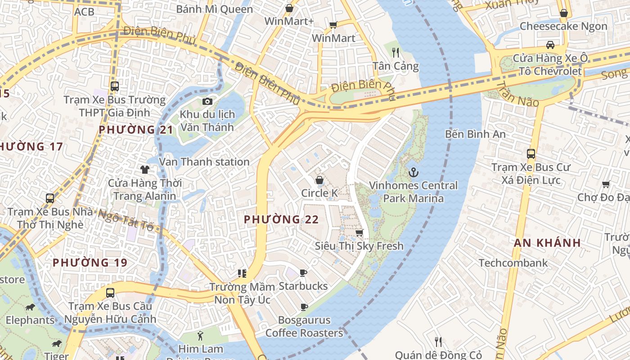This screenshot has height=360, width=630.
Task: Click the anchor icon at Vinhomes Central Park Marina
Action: click(413, 172)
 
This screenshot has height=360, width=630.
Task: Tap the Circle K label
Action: click(319, 193)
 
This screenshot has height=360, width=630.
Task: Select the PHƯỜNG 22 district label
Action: click(281, 220)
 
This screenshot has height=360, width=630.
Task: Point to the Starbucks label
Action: click(303, 286)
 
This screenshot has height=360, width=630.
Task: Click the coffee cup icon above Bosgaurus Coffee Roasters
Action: click(304, 307)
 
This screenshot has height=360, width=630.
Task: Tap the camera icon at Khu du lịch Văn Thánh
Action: click(207, 101)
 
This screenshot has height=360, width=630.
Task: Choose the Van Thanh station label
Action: click(204, 162)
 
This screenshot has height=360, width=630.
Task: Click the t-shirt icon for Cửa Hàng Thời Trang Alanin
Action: click(144, 169)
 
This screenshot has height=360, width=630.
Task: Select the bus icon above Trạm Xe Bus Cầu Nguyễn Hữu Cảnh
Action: click(110, 293)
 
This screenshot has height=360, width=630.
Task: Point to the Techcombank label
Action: click(513, 263)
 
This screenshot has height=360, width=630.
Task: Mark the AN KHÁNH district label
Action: click(547, 243)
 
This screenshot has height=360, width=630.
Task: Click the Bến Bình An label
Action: click(475, 134)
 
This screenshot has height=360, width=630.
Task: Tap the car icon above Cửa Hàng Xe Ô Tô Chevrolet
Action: click(550, 45)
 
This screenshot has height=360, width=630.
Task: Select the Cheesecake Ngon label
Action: click(563, 26)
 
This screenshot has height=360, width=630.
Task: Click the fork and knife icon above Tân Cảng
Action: click(396, 53)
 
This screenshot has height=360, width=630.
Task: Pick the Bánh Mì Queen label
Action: click(214, 9)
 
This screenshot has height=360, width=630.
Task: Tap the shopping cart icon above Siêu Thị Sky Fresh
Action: click(359, 233)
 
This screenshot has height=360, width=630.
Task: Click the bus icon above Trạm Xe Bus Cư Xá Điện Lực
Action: click(531, 154)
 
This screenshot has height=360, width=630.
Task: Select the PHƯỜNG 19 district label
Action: click(90, 262)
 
